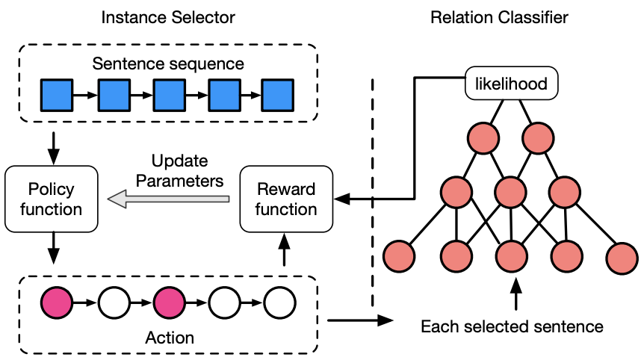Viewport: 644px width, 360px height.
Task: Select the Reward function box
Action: pyautogui.click(x=285, y=199)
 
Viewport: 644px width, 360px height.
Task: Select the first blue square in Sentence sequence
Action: pyautogui.click(x=55, y=96)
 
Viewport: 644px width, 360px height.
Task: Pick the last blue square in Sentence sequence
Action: pyautogui.click(x=278, y=96)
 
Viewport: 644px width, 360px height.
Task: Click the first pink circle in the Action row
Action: pyautogui.click(x=56, y=304)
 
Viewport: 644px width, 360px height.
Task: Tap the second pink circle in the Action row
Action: pyautogui.click(x=169, y=304)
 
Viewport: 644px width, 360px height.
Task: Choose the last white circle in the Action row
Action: pyautogui.click(x=279, y=304)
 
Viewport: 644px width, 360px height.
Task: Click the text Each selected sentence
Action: pyautogui.click(x=512, y=326)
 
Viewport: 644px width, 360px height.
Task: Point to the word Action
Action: pyautogui.click(x=169, y=337)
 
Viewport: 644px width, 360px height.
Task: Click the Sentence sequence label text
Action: pyautogui.click(x=168, y=63)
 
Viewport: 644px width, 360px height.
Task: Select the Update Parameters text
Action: pyautogui.click(x=187, y=170)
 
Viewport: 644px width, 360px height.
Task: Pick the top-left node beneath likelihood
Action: pyautogui.click(x=483, y=138)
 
